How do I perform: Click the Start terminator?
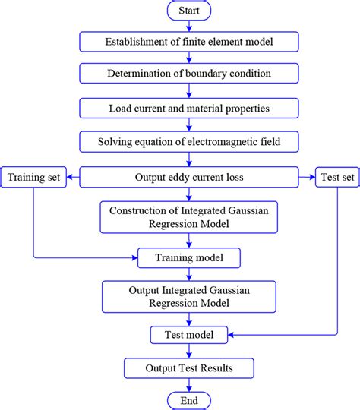click(189, 11)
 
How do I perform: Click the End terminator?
click(189, 400)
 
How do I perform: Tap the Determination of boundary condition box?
click(189, 74)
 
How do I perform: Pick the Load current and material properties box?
click(189, 107)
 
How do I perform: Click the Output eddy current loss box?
click(189, 178)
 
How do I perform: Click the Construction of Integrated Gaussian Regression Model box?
click(189, 216)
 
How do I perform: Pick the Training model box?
click(189, 258)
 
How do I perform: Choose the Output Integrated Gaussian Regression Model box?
click(189, 296)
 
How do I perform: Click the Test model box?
click(189, 334)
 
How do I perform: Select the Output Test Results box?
click(189, 368)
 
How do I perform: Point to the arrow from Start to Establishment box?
click(189, 26)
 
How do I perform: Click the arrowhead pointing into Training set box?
click(71, 178)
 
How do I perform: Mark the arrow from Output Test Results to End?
click(189, 384)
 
